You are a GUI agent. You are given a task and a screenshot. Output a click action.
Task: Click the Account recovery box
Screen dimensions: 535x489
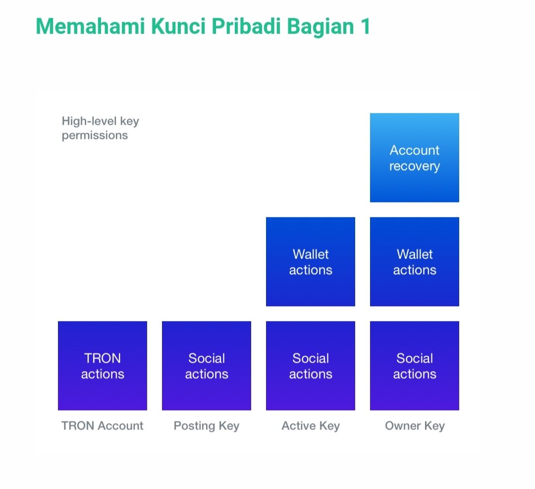click(x=415, y=158)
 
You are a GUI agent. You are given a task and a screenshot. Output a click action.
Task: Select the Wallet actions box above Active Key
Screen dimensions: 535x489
click(x=311, y=262)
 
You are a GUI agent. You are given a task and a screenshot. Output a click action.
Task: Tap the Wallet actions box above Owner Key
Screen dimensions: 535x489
click(x=415, y=262)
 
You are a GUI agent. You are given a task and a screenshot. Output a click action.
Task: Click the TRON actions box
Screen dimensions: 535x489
click(x=103, y=366)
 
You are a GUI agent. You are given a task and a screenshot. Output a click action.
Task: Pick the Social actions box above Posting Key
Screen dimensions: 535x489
click(x=207, y=366)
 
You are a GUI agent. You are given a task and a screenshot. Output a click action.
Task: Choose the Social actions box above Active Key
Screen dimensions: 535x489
click(x=311, y=366)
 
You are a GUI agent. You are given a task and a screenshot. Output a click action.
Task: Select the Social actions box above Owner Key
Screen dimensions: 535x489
click(x=415, y=366)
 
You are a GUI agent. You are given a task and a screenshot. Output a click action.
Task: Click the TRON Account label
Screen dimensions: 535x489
click(x=103, y=426)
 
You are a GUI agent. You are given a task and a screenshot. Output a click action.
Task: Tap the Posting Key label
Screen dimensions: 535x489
click(x=207, y=426)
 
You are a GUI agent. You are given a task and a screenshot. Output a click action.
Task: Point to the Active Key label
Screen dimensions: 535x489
click(x=311, y=426)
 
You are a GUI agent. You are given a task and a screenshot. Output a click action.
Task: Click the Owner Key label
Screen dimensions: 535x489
click(x=415, y=426)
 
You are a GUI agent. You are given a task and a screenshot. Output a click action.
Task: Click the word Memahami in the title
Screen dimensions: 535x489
click(x=91, y=26)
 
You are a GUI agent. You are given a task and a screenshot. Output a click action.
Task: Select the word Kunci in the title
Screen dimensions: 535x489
click(x=178, y=26)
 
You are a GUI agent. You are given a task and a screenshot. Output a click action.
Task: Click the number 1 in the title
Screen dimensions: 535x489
click(x=365, y=26)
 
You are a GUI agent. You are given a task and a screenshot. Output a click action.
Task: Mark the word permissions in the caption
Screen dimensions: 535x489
click(x=95, y=136)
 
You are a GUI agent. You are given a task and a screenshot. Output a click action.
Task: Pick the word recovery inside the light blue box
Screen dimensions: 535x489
click(x=415, y=166)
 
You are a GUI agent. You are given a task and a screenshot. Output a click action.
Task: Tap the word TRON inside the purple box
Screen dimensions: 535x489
click(x=103, y=358)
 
